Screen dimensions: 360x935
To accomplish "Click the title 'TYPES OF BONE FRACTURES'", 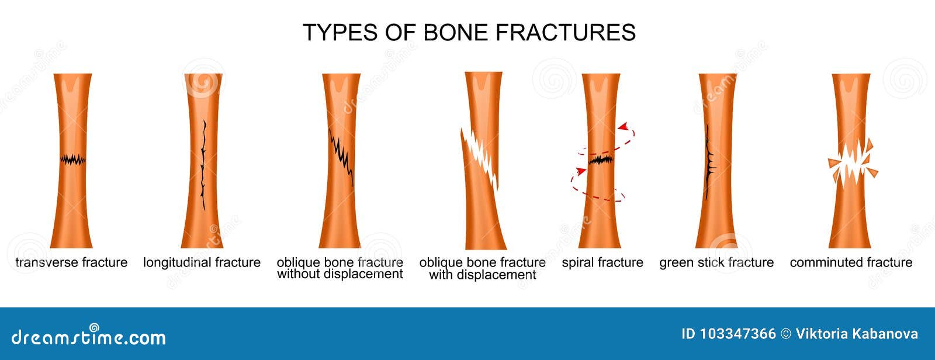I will [x=469, y=32].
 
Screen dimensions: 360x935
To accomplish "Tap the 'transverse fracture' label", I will [x=71, y=262].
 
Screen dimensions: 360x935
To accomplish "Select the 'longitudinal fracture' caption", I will [x=202, y=262].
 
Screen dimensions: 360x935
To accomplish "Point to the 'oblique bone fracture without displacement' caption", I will [x=340, y=268].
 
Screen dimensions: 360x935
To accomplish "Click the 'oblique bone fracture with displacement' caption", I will [x=482, y=268].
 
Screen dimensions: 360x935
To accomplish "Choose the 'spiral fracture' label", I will [x=602, y=262].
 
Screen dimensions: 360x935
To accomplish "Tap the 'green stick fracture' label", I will [x=716, y=262].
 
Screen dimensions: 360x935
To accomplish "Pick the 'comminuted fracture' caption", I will [x=851, y=262].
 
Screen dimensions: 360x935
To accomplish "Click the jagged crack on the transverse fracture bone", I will [x=73, y=159].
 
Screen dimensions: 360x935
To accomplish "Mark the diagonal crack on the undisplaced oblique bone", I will [x=342, y=158].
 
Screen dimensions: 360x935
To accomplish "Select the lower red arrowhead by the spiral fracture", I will [x=581, y=171].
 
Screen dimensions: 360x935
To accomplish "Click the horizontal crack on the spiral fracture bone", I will [x=600, y=160].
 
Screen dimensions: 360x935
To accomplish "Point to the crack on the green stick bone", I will [x=709, y=164].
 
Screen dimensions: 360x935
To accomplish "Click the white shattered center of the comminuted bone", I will [x=851, y=165].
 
